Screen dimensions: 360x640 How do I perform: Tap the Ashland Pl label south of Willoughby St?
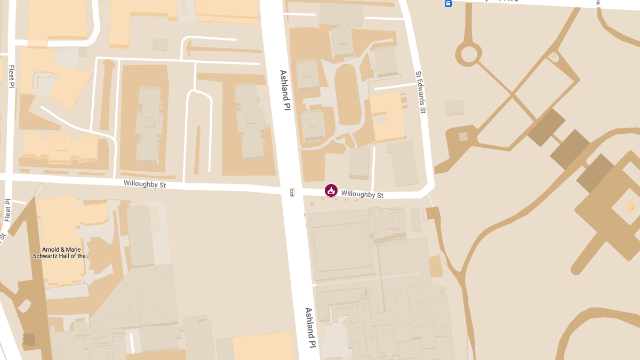(310, 327)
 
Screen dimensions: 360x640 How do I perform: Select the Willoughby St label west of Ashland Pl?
(145, 184)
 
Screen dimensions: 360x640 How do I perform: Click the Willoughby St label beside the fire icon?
(362, 195)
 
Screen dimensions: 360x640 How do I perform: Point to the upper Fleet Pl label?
(11, 76)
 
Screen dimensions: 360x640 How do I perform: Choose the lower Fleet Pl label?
(7, 211)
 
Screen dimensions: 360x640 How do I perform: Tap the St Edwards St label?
(421, 92)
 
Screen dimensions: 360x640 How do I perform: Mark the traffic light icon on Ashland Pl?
(292, 193)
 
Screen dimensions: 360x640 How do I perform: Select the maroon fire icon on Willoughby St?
(331, 190)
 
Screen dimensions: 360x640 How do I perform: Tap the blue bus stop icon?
(448, 3)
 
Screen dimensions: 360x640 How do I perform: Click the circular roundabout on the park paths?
(469, 53)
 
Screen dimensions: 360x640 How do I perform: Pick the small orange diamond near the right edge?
(630, 205)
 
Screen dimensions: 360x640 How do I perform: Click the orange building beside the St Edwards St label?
(388, 117)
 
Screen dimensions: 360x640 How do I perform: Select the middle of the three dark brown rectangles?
(570, 149)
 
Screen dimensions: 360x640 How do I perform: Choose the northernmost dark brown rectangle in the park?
(547, 127)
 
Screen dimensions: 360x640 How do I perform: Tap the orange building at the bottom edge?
(263, 347)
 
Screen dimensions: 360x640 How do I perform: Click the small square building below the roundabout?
(455, 107)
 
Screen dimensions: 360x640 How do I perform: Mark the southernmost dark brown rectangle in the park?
(595, 173)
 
